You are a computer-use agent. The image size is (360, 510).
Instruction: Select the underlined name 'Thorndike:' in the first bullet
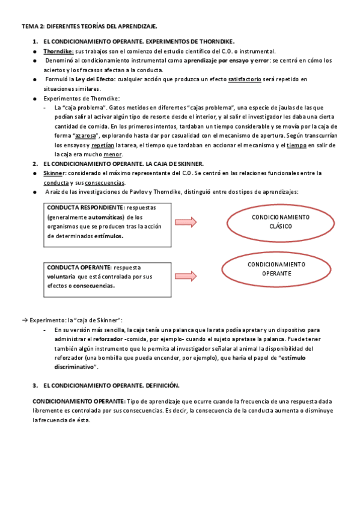pos(59,52)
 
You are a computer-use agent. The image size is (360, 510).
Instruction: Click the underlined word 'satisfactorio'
pos(245,79)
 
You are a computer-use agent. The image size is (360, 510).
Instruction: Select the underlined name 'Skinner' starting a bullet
pos(54,173)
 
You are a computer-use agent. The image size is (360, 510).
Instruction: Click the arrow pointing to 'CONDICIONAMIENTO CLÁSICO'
pos(193,223)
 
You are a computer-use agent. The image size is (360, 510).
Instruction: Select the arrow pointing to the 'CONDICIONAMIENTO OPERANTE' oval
pos(193,276)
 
